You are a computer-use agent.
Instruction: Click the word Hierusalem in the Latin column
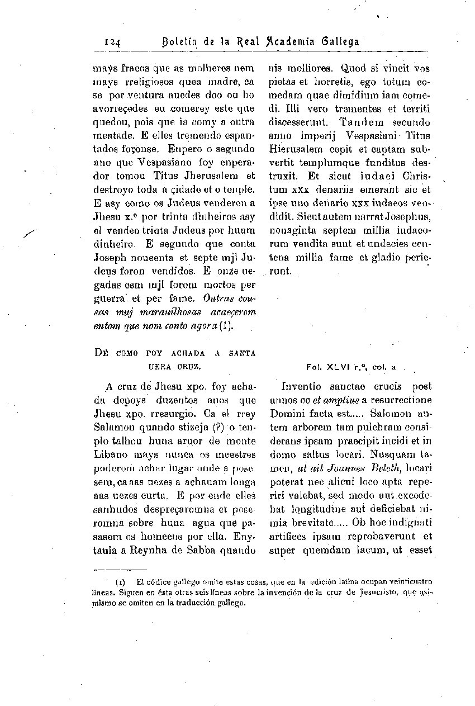[x=296, y=149]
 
